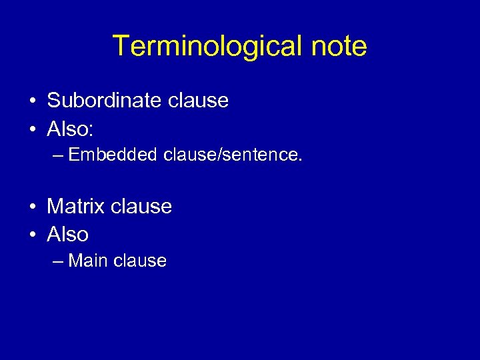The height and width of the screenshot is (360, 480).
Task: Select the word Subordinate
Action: tap(97, 101)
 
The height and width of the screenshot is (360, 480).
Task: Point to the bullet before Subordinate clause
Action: tap(33, 101)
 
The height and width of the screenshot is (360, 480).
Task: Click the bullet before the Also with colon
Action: tap(33, 129)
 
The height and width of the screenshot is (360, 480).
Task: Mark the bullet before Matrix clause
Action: tap(33, 207)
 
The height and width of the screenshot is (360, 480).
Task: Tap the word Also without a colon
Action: tap(67, 234)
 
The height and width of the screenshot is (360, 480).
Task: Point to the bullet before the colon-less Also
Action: tap(33, 235)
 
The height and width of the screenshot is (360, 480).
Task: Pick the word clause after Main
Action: tap(140, 261)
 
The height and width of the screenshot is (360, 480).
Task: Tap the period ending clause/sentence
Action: tap(301, 160)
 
